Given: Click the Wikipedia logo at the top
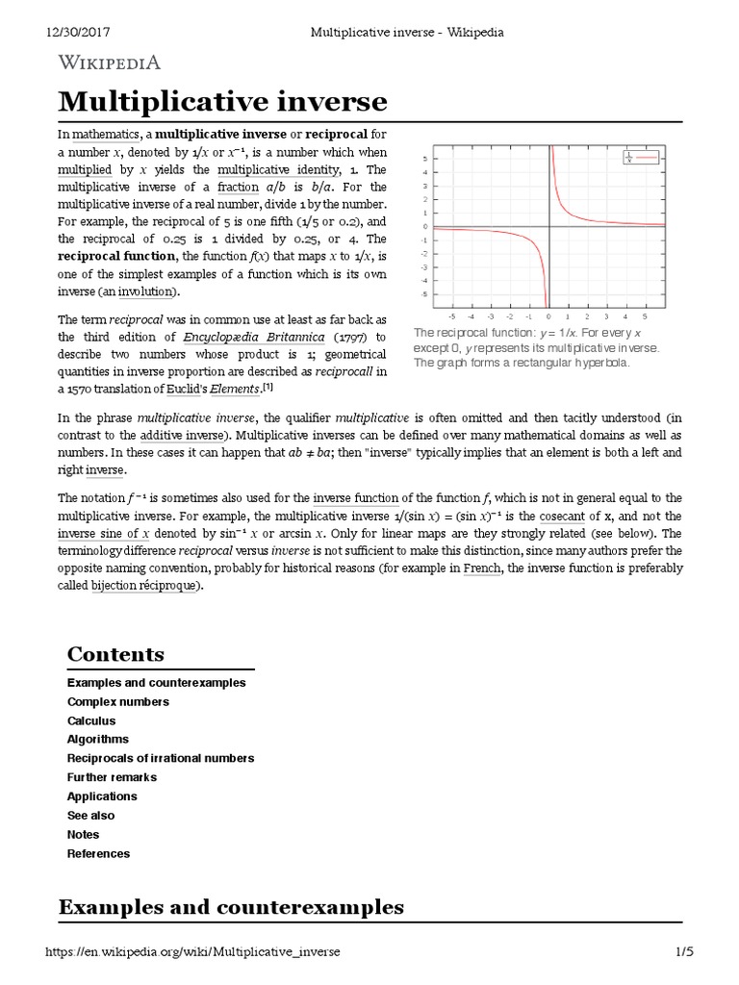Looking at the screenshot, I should (x=110, y=63).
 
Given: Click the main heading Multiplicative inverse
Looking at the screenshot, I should (x=222, y=101).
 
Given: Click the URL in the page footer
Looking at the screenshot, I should (x=192, y=951).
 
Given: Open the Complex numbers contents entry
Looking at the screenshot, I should (x=117, y=701).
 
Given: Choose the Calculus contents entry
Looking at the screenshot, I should (x=90, y=720).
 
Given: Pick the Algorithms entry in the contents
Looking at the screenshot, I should (x=97, y=739).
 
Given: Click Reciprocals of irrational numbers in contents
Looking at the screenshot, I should (x=160, y=758).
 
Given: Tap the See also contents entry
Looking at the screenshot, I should (x=90, y=815).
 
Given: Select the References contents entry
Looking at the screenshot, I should (x=98, y=853).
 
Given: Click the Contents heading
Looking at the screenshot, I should (x=115, y=654).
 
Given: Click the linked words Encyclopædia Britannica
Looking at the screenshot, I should (x=257, y=338).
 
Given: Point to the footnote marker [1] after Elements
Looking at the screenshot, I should (x=269, y=388).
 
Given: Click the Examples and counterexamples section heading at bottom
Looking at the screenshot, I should (x=231, y=906).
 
